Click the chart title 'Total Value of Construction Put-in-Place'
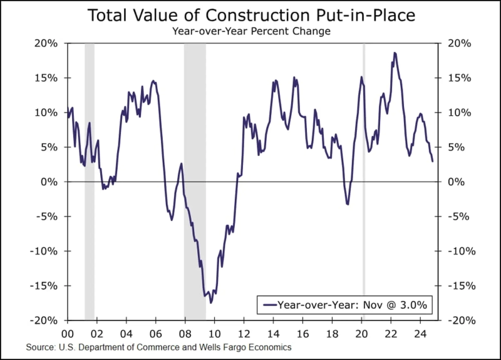(250, 16)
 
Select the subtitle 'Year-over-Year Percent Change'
(250, 30)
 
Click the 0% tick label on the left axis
(52, 182)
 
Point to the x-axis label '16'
(302, 333)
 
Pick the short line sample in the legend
(269, 306)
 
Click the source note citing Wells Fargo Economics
(159, 346)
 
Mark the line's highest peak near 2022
(395, 53)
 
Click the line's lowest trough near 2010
(211, 302)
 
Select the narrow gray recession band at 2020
(364, 182)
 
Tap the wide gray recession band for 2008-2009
(195, 182)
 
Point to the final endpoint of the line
(432, 162)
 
